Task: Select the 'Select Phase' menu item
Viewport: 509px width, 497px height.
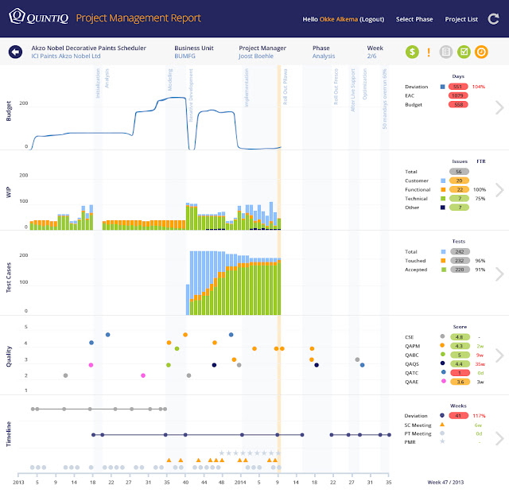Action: click(x=414, y=18)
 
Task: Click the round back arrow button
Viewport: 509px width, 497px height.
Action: click(x=14, y=52)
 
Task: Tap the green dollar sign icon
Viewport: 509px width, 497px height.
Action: click(x=412, y=52)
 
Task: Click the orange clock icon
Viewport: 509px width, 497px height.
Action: click(x=481, y=52)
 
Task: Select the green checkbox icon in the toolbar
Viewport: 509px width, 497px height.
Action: click(x=464, y=52)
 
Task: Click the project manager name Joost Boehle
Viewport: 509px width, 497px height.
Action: click(x=259, y=56)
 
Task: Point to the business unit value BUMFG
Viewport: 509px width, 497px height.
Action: click(x=186, y=56)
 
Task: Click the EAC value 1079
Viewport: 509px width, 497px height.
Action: click(x=459, y=95)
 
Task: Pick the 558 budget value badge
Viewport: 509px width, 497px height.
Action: click(x=459, y=104)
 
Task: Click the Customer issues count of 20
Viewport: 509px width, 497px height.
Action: click(x=459, y=181)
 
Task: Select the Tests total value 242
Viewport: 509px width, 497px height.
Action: click(x=459, y=251)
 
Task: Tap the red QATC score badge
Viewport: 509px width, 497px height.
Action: click(x=459, y=372)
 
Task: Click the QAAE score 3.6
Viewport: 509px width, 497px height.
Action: click(x=459, y=382)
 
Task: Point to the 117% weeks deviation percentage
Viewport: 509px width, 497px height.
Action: click(x=479, y=415)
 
